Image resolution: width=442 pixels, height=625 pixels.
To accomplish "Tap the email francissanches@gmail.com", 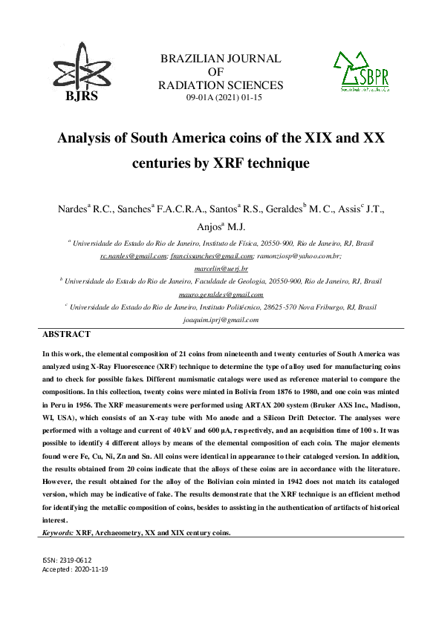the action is coord(212,255).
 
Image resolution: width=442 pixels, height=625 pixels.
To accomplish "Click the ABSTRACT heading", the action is coord(67,335).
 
